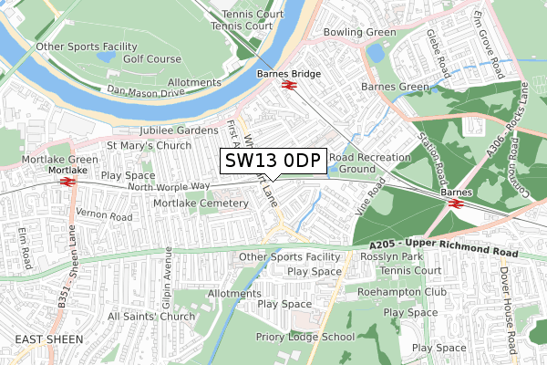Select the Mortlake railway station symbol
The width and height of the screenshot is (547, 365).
67,182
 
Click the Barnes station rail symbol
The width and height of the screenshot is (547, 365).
455,203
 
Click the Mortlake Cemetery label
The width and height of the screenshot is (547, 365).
187,203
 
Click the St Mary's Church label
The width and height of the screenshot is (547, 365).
149,145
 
